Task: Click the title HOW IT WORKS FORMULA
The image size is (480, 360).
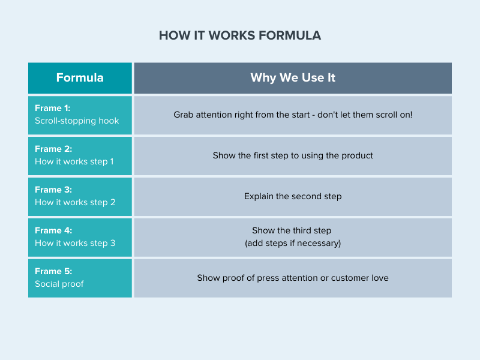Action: click(x=240, y=35)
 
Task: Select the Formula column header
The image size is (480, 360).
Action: click(x=80, y=78)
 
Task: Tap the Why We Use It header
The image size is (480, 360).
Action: click(x=293, y=78)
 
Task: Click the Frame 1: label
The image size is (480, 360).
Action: click(x=53, y=108)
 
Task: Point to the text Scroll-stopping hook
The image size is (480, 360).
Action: click(x=77, y=121)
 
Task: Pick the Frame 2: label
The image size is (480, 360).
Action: click(x=53, y=149)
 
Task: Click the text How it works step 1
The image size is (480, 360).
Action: click(x=74, y=161)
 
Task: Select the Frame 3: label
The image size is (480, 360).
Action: click(x=53, y=190)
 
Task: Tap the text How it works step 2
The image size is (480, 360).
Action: click(x=75, y=202)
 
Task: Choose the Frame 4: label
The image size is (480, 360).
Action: click(x=53, y=230)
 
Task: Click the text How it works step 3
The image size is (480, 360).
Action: click(x=75, y=243)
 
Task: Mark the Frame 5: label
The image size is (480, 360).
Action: click(x=53, y=271)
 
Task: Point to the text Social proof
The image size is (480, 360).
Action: click(x=59, y=284)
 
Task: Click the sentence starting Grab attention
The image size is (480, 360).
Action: click(x=293, y=115)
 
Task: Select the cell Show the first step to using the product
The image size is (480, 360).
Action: click(x=293, y=155)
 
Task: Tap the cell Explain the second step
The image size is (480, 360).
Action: click(x=293, y=196)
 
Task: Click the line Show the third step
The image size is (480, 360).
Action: click(x=292, y=230)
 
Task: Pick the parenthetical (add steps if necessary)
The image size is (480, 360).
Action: click(x=293, y=243)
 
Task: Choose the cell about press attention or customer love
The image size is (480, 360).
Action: click(x=293, y=278)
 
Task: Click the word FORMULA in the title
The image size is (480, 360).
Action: click(x=290, y=35)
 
